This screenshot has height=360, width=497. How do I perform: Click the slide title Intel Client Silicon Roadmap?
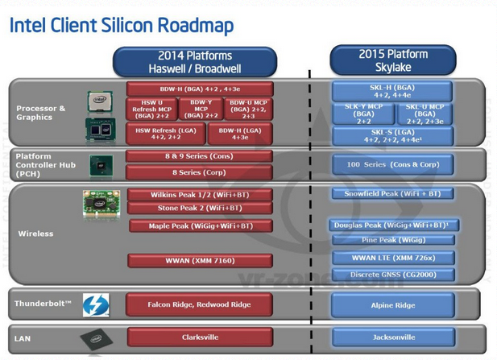pos(122,25)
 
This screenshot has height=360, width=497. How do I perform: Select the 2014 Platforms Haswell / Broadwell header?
pos(194,62)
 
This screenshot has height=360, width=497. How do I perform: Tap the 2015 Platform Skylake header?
pos(392,60)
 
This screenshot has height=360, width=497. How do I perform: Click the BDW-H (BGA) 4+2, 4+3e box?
pos(199,89)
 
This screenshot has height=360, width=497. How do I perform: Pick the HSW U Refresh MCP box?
pos(151,110)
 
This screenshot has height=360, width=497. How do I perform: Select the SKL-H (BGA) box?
pos(392,90)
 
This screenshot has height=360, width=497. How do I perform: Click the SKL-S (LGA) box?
pos(392,135)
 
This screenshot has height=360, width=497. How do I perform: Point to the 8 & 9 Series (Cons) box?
pos(199,156)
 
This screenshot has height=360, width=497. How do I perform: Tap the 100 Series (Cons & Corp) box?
pos(392,164)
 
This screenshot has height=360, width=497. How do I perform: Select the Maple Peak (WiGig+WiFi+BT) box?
pos(200,226)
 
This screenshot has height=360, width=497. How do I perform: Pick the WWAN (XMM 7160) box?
pos(200,260)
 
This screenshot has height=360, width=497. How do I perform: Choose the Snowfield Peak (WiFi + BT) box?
pos(392,194)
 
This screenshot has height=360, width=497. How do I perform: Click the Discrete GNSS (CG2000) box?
pos(392,275)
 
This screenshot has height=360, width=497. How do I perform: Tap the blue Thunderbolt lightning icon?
pos(96,304)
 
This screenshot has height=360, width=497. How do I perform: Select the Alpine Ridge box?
pos(392,305)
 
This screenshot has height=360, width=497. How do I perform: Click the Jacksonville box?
pos(392,337)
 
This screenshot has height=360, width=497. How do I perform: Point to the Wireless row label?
pos(35,234)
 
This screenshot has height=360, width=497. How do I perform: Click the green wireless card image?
pos(101,201)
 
